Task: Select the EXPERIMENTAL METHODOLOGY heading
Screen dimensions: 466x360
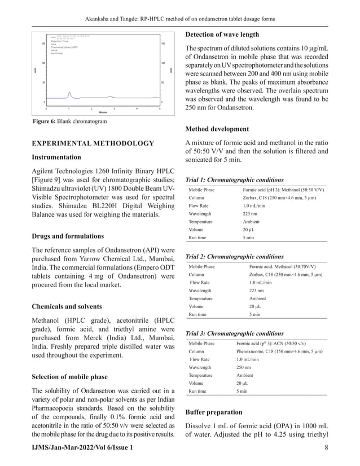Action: click(93, 143)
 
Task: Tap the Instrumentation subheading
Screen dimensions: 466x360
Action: click(56, 157)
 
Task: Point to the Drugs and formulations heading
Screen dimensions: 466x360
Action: click(67, 235)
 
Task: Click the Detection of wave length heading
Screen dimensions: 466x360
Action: click(222, 34)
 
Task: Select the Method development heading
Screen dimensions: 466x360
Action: click(217, 129)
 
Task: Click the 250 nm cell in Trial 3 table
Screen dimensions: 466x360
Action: click(244, 367)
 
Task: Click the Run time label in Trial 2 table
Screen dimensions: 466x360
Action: click(197, 314)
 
